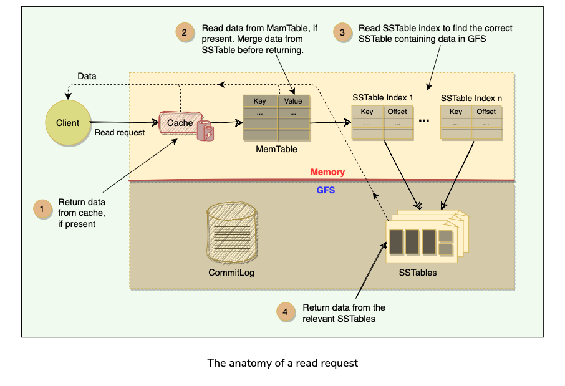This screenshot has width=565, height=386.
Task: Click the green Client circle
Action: (68, 123)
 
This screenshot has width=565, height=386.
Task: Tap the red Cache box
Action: (180, 123)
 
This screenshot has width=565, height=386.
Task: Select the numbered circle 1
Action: (42, 210)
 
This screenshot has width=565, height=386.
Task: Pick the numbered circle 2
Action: (185, 32)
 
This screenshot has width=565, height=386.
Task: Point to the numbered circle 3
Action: (342, 32)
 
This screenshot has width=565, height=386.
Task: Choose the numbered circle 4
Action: (286, 311)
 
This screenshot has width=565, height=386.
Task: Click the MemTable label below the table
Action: (276, 150)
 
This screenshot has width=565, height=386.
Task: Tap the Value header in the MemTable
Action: (293, 101)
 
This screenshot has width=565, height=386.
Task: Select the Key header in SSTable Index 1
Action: (367, 112)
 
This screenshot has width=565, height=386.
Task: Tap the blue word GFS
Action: (326, 190)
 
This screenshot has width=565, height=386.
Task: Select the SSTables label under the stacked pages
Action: (418, 273)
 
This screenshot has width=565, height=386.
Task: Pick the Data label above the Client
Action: (87, 76)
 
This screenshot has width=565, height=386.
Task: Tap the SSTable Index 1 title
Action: (382, 98)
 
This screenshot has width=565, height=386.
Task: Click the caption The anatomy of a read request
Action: (282, 363)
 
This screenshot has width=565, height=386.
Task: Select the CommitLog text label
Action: (231, 273)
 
